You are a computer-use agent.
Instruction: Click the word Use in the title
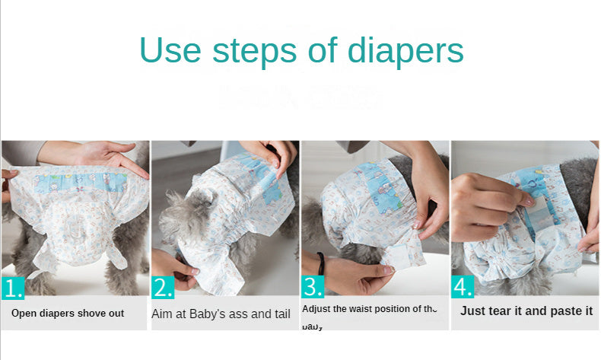coord(170,50)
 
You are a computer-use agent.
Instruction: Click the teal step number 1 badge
coord(13,288)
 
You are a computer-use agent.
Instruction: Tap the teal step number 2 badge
coord(163,288)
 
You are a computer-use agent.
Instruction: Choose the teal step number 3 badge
coord(313,288)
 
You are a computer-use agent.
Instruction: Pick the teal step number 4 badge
coord(463,288)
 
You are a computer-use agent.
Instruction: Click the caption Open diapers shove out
coord(68,314)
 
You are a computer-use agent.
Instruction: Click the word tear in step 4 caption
coord(501,311)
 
